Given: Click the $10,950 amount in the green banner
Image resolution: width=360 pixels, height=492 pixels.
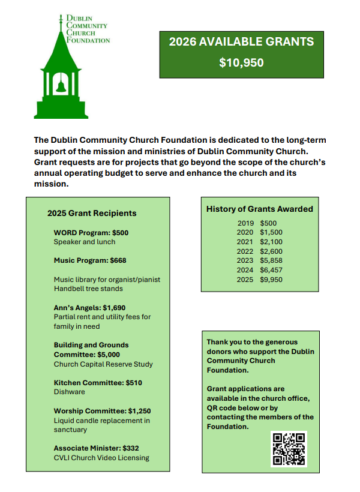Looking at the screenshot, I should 241,62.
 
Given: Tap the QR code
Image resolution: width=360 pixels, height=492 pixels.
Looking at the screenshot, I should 289,449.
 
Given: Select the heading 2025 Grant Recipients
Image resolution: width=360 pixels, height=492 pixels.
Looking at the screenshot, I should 92,213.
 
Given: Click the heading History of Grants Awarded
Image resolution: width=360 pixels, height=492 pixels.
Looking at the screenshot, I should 260,209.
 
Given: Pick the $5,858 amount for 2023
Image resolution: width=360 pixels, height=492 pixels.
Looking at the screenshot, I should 271,260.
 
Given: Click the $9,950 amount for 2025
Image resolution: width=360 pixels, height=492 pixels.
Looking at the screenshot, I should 271,280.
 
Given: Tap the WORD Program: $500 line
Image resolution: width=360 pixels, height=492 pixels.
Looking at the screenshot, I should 91,232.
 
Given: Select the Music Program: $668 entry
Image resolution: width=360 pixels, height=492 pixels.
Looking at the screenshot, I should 90,260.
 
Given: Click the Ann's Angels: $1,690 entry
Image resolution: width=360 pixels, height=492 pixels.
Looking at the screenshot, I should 90,307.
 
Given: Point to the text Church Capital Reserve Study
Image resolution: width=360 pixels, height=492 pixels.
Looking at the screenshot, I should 103,364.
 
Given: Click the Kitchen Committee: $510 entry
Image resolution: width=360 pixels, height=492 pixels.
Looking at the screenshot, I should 98,382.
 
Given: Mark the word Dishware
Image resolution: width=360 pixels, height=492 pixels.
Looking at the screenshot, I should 70,392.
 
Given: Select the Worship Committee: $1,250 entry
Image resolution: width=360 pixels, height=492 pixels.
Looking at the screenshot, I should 102,411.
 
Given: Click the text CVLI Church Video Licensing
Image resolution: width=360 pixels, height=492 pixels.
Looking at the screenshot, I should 101,458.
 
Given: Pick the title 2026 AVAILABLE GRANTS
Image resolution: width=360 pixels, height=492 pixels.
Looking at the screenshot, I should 241,42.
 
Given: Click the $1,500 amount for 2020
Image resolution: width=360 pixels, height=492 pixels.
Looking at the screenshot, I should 271,232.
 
